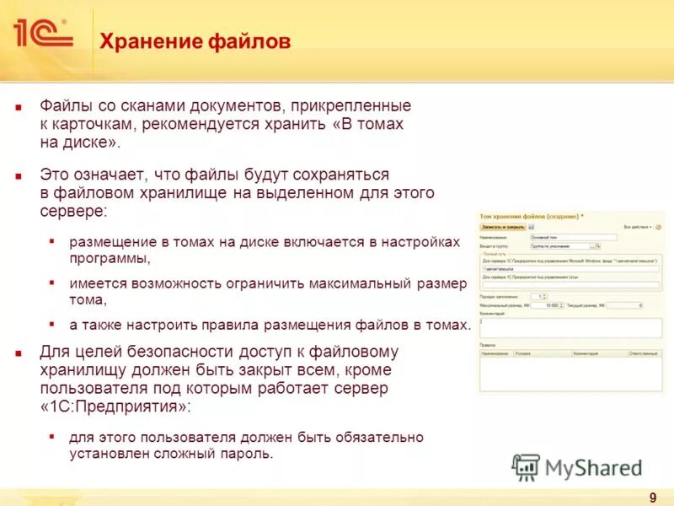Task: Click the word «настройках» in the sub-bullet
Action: click(x=419, y=242)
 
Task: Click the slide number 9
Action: click(x=653, y=497)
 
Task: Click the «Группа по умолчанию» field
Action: click(x=559, y=246)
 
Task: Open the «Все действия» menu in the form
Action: click(x=638, y=227)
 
